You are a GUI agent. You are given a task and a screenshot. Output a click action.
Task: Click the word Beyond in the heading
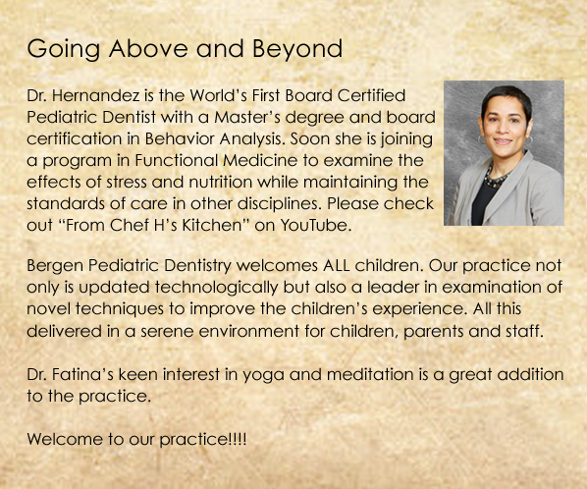point(297,49)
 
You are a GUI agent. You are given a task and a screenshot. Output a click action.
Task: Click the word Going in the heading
point(63,49)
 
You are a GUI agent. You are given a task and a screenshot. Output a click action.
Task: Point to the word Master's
point(247,117)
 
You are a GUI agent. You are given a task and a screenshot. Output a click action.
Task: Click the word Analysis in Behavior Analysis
point(251,138)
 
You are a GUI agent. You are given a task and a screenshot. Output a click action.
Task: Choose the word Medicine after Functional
point(260,161)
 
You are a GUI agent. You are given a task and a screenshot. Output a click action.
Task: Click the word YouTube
point(316,226)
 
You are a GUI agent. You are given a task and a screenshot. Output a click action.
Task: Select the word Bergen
point(55,266)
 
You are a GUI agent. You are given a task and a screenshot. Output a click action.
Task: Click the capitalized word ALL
point(337,266)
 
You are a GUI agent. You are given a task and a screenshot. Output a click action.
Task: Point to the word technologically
point(216,288)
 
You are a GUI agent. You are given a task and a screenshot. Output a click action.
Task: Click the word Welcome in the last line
point(65,439)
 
